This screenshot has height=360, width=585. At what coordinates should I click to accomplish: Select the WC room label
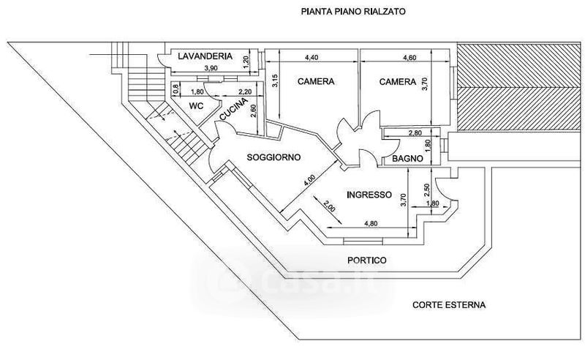coord(196,106)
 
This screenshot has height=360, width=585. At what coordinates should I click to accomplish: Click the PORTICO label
coord(366,260)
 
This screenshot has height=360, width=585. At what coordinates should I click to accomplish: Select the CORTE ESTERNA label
coord(449,304)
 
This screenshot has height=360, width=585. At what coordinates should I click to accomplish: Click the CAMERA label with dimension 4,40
coord(316,82)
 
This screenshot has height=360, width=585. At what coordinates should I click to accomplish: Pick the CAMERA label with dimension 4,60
coord(397,82)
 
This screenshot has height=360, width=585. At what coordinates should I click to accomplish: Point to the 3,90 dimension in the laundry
coord(211,68)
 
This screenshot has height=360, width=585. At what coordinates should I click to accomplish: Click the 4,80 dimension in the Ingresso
coord(371,223)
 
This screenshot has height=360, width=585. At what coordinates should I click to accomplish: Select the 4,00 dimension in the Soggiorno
coord(311,178)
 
